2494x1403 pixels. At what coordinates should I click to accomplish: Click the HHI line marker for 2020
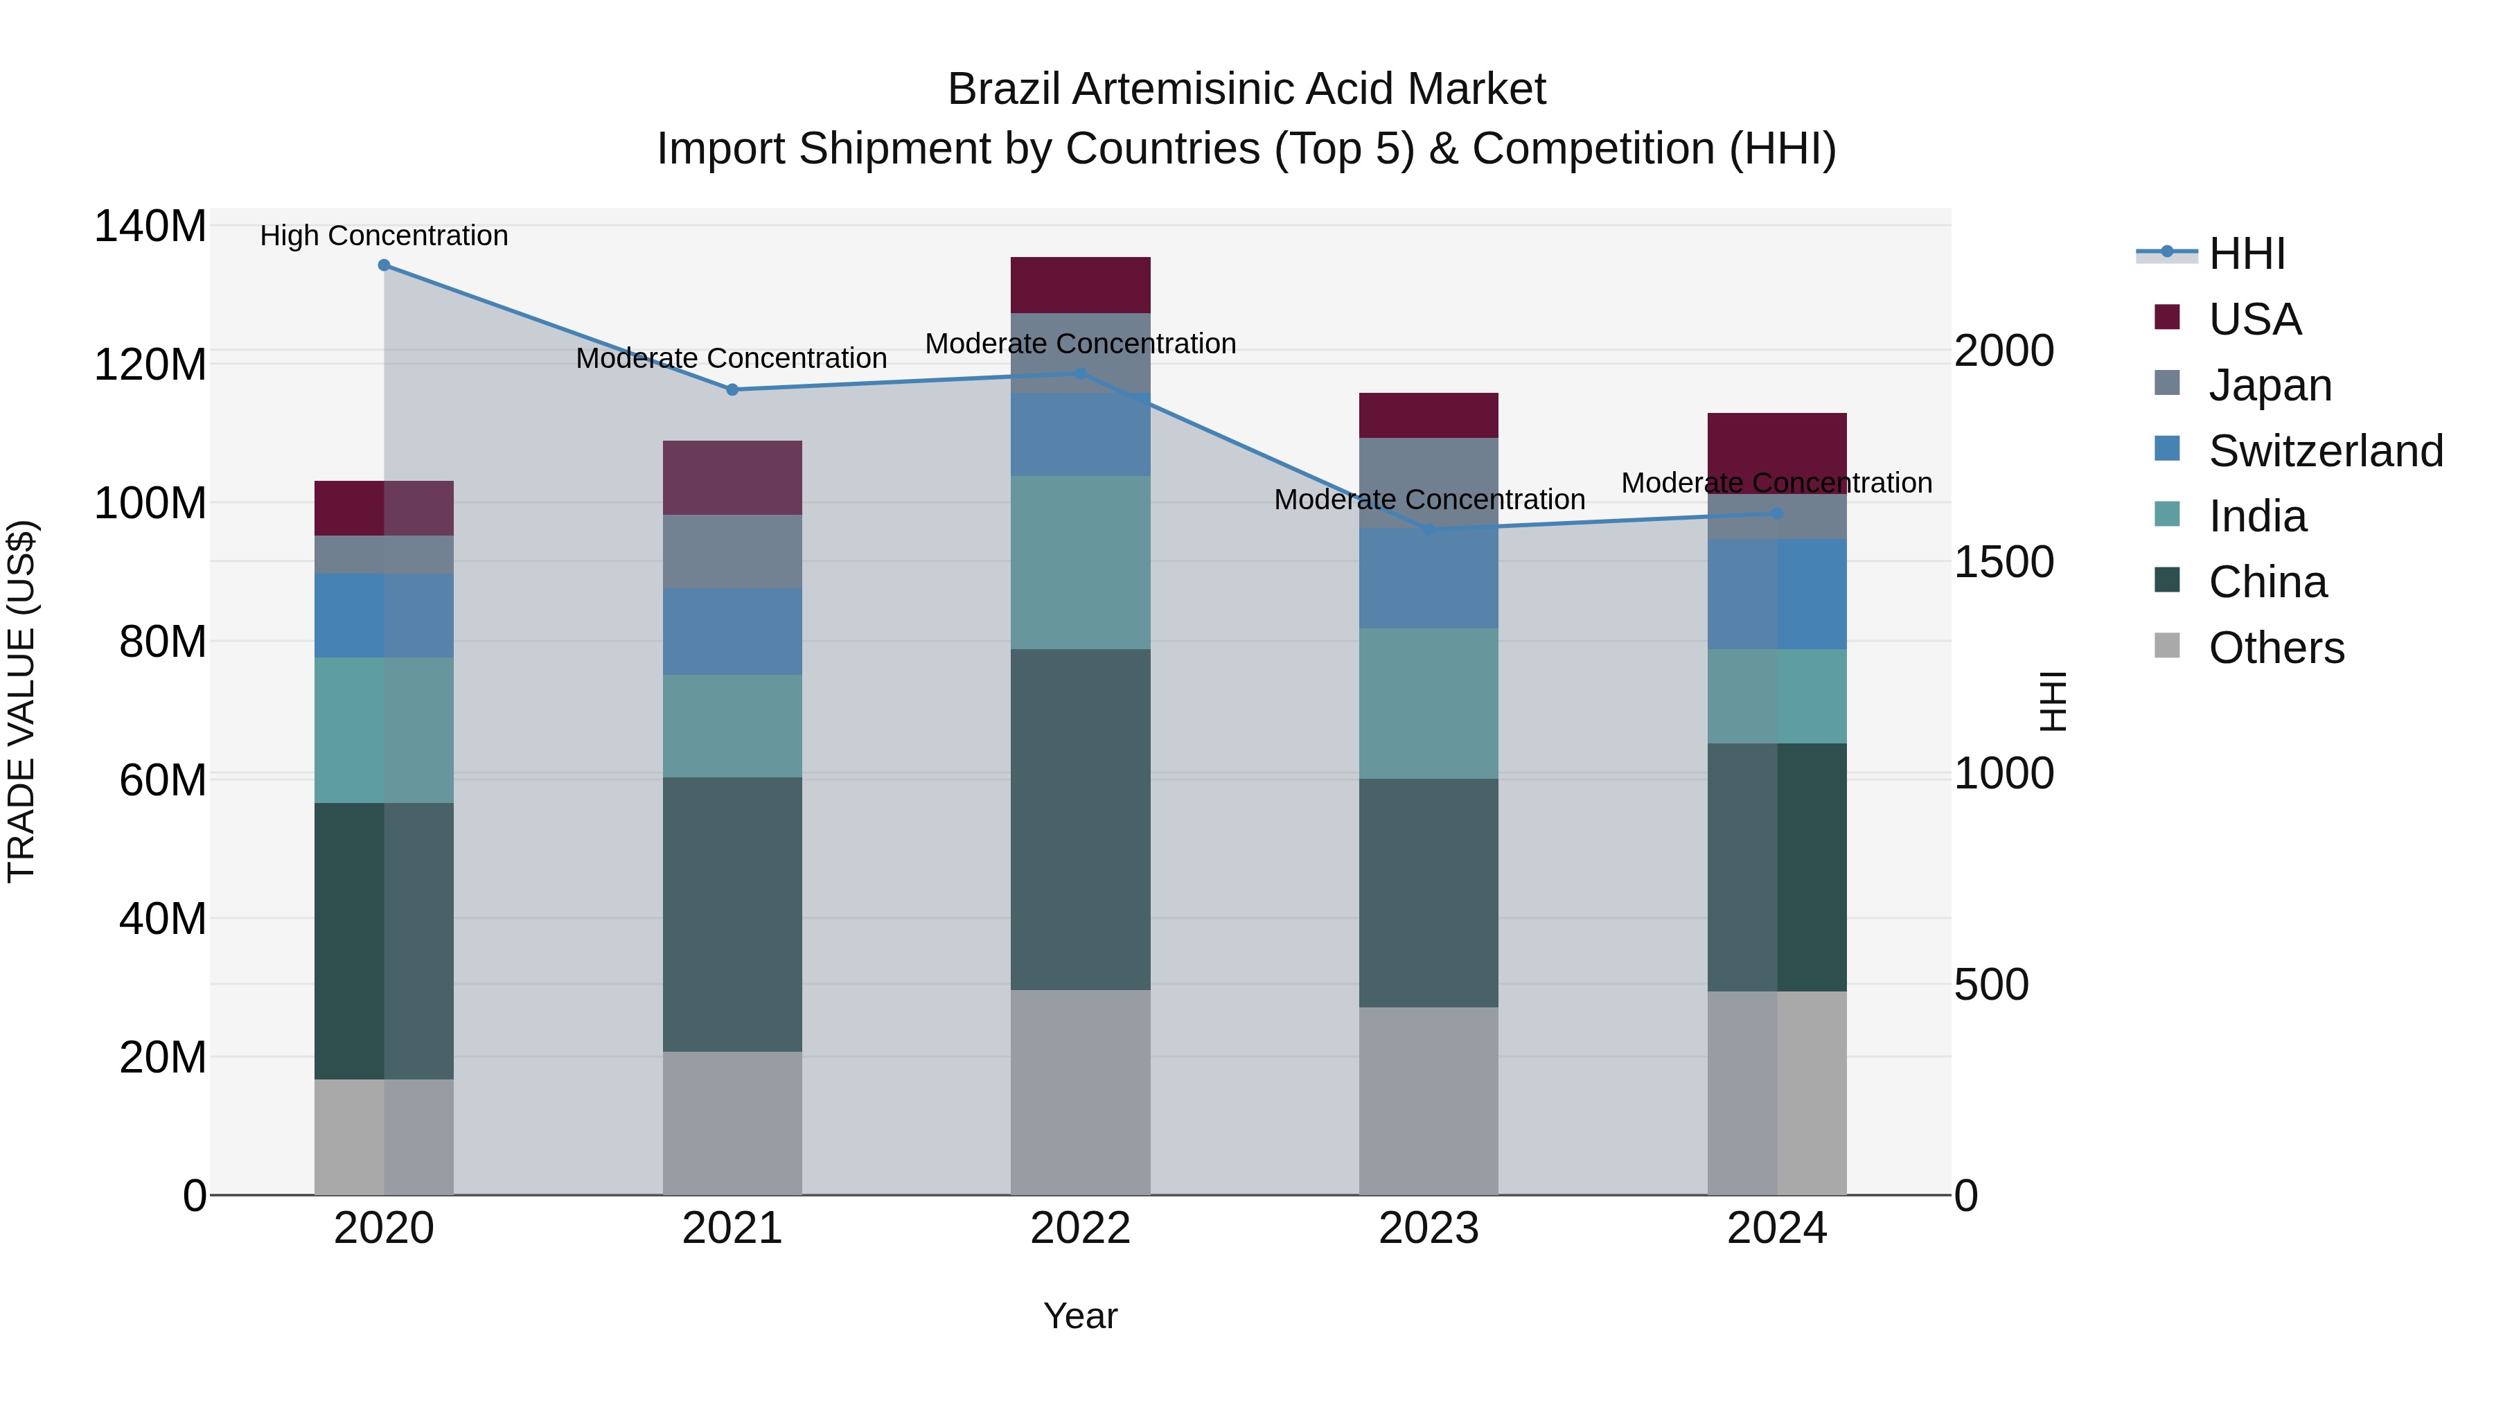point(384,265)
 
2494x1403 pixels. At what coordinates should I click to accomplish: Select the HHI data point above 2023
point(1429,529)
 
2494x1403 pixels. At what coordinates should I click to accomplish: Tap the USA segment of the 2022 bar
point(1081,285)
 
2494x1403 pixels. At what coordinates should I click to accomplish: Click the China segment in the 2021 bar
point(732,914)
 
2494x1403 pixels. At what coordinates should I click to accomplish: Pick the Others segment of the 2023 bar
point(1429,1101)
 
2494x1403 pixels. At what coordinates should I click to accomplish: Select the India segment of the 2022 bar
point(1081,563)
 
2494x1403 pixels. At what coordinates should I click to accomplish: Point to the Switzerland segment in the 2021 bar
point(732,631)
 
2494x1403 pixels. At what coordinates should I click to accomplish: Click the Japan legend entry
point(2270,385)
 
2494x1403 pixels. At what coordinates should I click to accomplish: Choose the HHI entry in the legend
point(2246,254)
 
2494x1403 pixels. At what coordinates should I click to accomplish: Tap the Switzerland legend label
point(2326,451)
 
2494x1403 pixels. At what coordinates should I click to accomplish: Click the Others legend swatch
point(2167,646)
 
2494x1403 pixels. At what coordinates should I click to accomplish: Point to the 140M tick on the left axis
point(150,227)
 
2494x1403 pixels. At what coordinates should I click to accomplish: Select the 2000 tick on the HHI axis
point(2003,351)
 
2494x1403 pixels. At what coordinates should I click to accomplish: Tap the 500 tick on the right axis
point(1990,985)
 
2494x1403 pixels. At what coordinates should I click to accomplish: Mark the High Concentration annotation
point(384,236)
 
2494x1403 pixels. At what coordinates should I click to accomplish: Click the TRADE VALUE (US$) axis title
point(21,701)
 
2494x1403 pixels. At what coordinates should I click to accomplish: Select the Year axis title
point(1081,1316)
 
